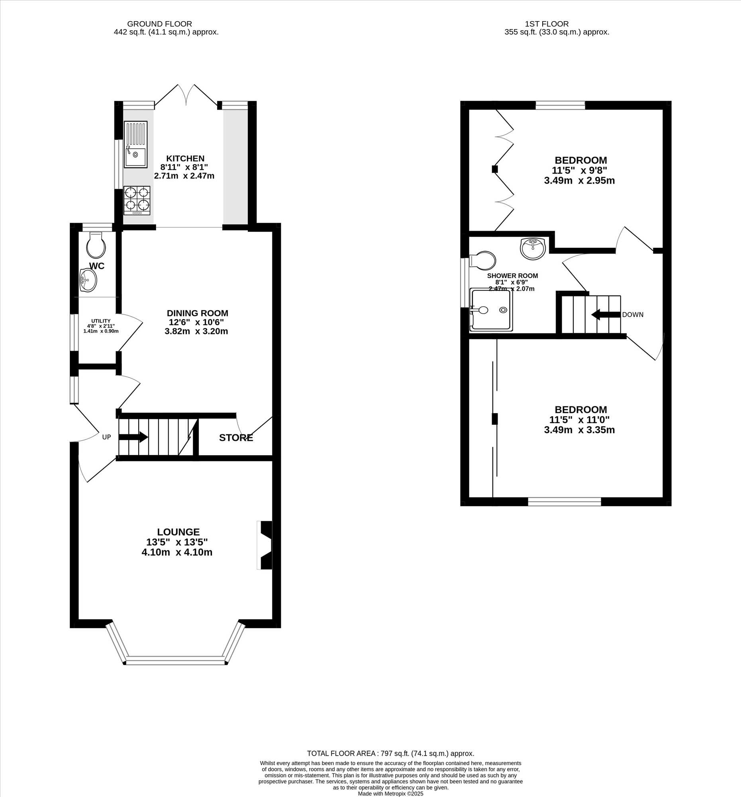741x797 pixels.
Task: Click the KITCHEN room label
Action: pyautogui.click(x=186, y=159)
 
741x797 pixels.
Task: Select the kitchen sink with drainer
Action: pyautogui.click(x=136, y=144)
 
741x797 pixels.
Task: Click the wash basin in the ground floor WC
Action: pyautogui.click(x=88, y=280)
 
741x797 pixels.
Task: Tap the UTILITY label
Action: pyautogui.click(x=101, y=321)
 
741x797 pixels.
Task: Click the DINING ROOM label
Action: pyautogui.click(x=198, y=313)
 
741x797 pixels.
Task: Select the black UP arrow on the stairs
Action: pyautogui.click(x=133, y=437)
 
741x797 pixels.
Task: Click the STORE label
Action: pyautogui.click(x=236, y=438)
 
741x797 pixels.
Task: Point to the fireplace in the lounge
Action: pyautogui.click(x=265, y=545)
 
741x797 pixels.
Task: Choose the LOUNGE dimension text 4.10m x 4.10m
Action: pyautogui.click(x=177, y=552)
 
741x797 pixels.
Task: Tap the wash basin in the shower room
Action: pyautogui.click(x=533, y=248)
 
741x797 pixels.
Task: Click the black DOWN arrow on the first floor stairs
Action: pyautogui.click(x=606, y=315)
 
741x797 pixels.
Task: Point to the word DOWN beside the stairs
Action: pyautogui.click(x=633, y=315)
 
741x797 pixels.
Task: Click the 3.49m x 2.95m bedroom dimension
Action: pyautogui.click(x=580, y=181)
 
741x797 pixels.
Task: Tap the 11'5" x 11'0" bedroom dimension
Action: pyautogui.click(x=580, y=420)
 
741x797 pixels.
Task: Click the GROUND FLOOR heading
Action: pyautogui.click(x=159, y=24)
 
